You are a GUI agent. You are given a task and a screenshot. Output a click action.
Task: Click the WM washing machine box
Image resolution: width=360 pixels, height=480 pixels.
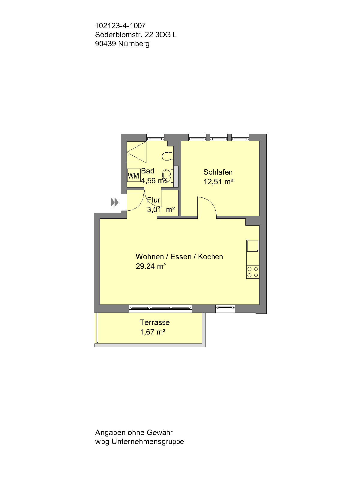point(133,176)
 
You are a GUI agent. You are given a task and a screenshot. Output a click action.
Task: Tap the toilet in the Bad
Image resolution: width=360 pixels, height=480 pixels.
point(166,156)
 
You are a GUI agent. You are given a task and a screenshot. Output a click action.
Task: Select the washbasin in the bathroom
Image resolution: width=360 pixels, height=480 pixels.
point(167,175)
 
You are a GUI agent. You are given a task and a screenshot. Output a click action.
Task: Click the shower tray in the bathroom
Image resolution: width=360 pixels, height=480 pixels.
point(136,152)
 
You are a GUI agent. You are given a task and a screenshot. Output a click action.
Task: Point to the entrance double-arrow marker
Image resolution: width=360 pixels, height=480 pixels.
point(114,202)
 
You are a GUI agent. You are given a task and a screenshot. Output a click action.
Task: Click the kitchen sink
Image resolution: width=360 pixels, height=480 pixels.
point(253,246)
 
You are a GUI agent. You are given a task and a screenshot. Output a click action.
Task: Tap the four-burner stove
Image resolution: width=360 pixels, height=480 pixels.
point(253,272)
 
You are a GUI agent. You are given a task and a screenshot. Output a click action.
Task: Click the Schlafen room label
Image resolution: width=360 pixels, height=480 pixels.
point(218,172)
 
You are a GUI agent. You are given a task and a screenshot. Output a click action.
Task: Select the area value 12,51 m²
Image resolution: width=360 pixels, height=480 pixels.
point(218,181)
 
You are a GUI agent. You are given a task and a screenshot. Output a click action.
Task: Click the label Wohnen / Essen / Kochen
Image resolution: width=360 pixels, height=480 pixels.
point(179,257)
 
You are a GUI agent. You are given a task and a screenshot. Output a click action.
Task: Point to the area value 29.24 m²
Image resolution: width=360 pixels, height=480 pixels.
point(151,266)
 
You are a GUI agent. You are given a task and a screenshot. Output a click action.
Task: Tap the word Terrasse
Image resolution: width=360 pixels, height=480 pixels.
point(155,322)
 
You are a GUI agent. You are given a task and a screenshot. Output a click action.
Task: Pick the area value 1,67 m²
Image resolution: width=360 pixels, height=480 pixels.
point(153,332)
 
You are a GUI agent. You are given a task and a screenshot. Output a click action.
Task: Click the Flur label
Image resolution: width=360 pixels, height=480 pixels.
point(154,200)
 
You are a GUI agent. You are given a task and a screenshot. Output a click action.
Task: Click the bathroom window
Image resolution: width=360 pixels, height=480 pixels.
point(155,139)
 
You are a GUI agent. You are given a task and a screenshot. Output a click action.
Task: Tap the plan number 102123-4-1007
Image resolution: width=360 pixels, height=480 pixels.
point(120,26)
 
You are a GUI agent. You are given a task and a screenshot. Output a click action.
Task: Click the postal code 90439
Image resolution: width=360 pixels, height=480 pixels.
point(105,44)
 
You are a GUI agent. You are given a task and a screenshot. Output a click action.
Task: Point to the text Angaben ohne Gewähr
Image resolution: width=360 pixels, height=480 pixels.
point(134,433)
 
